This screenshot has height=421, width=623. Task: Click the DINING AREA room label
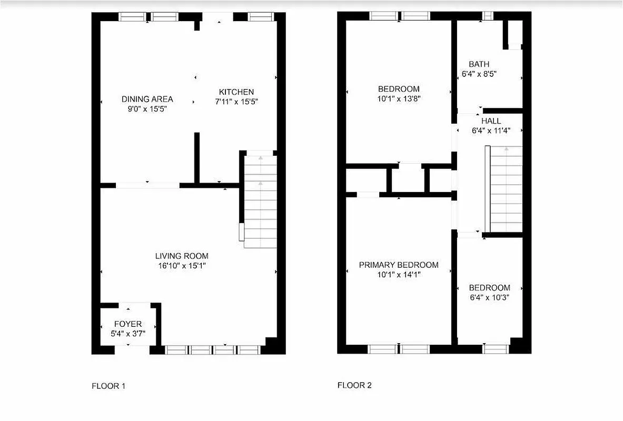click(x=147, y=99)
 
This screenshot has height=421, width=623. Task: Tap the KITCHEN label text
click(x=236, y=92)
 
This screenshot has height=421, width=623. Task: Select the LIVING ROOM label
click(x=182, y=256)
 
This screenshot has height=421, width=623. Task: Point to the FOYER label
click(x=128, y=324)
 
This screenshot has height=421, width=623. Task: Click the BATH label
click(x=479, y=65)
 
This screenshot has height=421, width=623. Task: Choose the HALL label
click(x=491, y=121)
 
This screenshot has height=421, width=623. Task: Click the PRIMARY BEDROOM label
click(x=399, y=265)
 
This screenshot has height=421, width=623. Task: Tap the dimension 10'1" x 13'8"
click(x=399, y=98)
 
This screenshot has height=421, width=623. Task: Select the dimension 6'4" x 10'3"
click(x=489, y=297)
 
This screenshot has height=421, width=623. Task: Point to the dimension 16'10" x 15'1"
click(x=182, y=266)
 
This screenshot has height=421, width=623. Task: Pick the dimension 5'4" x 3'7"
click(x=128, y=334)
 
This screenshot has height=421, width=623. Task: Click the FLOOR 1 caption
click(x=108, y=386)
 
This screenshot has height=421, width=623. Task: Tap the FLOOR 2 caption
click(x=354, y=385)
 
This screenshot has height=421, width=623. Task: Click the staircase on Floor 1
click(x=261, y=200)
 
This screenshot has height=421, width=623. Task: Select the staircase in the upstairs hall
click(x=506, y=189)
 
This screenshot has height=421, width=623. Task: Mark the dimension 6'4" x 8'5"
click(x=479, y=74)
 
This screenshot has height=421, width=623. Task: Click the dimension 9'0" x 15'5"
click(x=147, y=108)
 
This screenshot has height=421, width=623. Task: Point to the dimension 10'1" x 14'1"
click(x=399, y=274)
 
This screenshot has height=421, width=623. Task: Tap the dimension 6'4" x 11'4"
click(x=491, y=131)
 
